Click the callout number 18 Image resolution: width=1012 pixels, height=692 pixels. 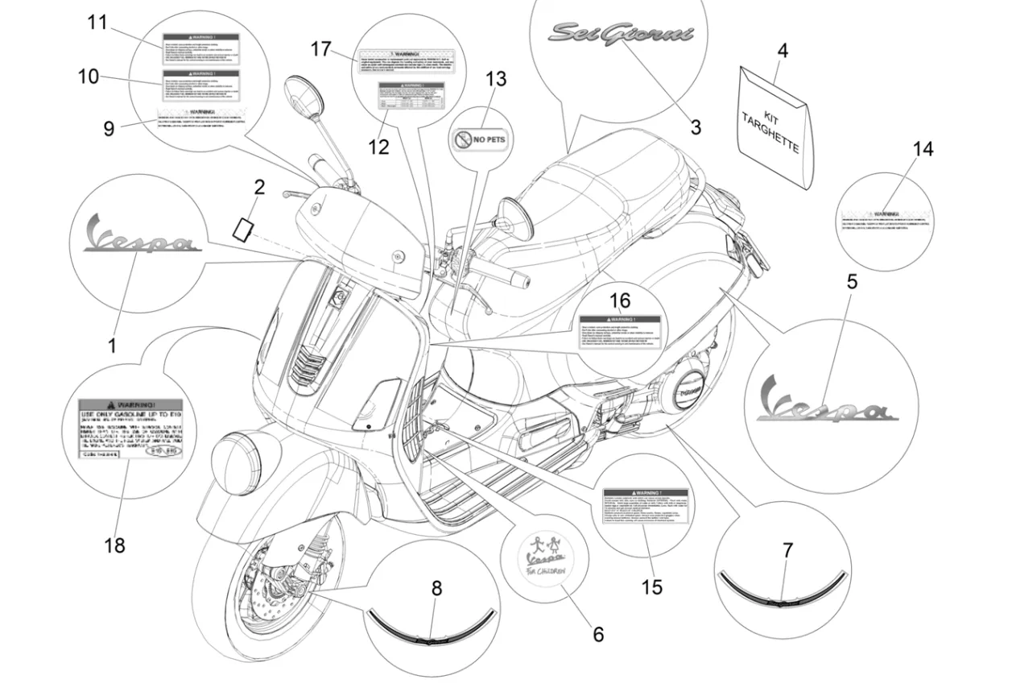(114, 545)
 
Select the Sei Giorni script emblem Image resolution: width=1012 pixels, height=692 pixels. (620, 33)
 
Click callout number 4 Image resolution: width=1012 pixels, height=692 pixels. (782, 50)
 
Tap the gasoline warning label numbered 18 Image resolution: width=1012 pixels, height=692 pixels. (129, 429)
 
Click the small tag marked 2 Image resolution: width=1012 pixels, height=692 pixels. (243, 227)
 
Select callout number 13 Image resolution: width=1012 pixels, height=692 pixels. (496, 79)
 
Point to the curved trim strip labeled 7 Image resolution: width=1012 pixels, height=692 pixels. (782, 589)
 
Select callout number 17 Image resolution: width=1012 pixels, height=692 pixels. (320, 49)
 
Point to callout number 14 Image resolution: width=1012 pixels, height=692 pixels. (923, 148)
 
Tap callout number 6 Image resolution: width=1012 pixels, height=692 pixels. (597, 634)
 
